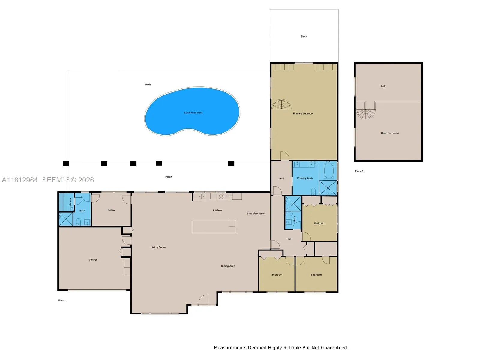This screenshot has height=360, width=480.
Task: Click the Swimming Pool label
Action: [x=193, y=113]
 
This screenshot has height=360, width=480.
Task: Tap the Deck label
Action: [x=304, y=37]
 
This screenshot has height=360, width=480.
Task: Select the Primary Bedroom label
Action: [x=303, y=113]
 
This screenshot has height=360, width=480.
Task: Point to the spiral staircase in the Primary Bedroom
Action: [x=281, y=104]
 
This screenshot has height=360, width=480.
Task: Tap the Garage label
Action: [x=93, y=260]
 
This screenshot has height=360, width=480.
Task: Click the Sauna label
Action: [x=70, y=202]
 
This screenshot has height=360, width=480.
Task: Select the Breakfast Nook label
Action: [x=256, y=214]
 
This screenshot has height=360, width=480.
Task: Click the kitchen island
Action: [x=214, y=227]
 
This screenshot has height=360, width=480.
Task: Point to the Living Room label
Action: [x=158, y=247]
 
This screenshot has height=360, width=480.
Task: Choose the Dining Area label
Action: [x=228, y=266]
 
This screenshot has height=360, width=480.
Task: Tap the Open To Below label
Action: [x=390, y=133]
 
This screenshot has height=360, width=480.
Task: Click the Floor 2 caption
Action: [x=359, y=171]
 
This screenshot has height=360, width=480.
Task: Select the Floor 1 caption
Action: [x=62, y=301]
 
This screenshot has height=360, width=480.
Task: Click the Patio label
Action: [x=148, y=85]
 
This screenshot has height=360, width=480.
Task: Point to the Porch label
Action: [x=169, y=177]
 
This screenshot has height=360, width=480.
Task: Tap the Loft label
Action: [x=383, y=86]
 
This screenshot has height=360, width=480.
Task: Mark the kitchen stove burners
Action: [x=221, y=196]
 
